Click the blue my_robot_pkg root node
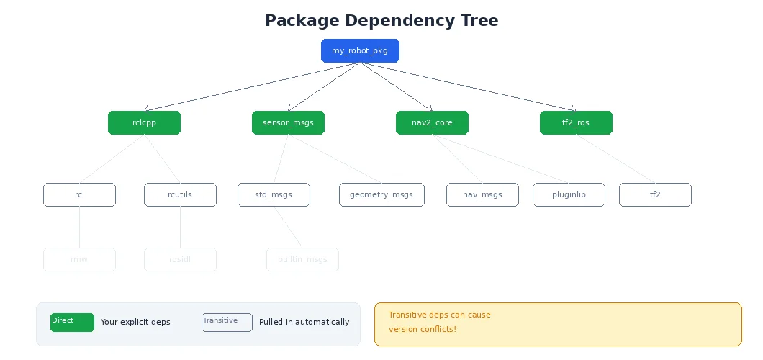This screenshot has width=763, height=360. click(x=360, y=50)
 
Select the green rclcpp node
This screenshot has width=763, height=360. click(x=144, y=122)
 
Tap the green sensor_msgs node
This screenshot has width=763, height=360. click(x=288, y=122)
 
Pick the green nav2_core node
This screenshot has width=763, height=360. click(x=432, y=122)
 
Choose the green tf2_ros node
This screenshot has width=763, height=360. click(x=576, y=122)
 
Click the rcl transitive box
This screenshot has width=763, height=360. click(x=79, y=194)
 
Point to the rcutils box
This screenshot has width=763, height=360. click(x=180, y=194)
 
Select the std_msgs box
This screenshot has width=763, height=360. click(x=274, y=194)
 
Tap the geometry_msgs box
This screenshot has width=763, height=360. click(x=381, y=194)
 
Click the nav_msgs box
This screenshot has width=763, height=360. click(x=482, y=194)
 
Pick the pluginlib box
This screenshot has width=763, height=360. click(x=569, y=194)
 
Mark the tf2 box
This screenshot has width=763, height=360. click(x=655, y=194)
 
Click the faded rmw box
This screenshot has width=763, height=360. click(x=79, y=259)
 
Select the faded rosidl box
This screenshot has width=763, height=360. click(x=180, y=259)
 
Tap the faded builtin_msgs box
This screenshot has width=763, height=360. click(x=302, y=259)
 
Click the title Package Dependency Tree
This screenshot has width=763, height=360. click(x=381, y=20)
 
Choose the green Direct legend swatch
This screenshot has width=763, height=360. click(x=72, y=323)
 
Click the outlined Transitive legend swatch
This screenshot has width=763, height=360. click(x=227, y=323)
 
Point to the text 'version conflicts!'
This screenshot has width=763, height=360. click(x=423, y=329)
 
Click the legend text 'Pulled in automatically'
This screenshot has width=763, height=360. click(x=304, y=322)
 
